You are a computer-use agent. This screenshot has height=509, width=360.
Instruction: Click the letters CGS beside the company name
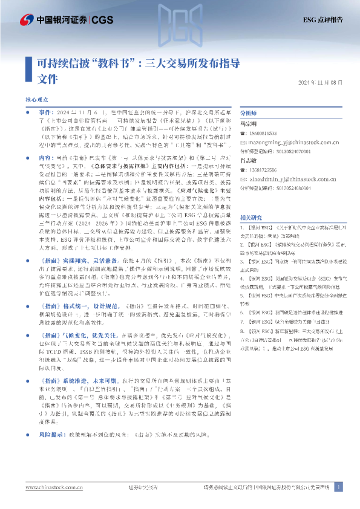click(x=104, y=19)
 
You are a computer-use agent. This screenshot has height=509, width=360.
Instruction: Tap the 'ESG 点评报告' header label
click(x=324, y=19)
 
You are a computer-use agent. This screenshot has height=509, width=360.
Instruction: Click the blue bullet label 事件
click(x=45, y=113)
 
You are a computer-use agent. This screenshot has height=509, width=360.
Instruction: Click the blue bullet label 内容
click(x=45, y=157)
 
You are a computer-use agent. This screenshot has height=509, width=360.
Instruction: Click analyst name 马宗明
click(x=249, y=124)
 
